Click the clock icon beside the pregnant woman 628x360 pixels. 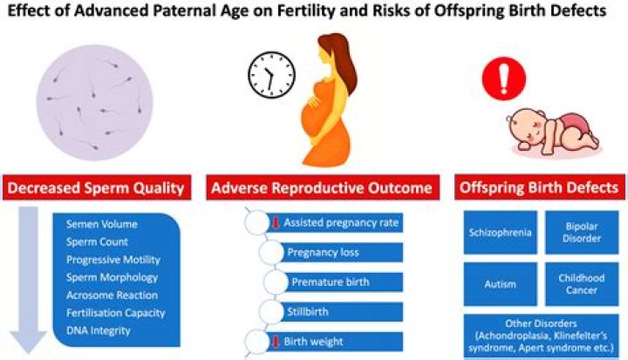(267, 76)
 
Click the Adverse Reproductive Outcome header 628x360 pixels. (320, 188)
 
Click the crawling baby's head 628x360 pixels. (529, 122)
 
